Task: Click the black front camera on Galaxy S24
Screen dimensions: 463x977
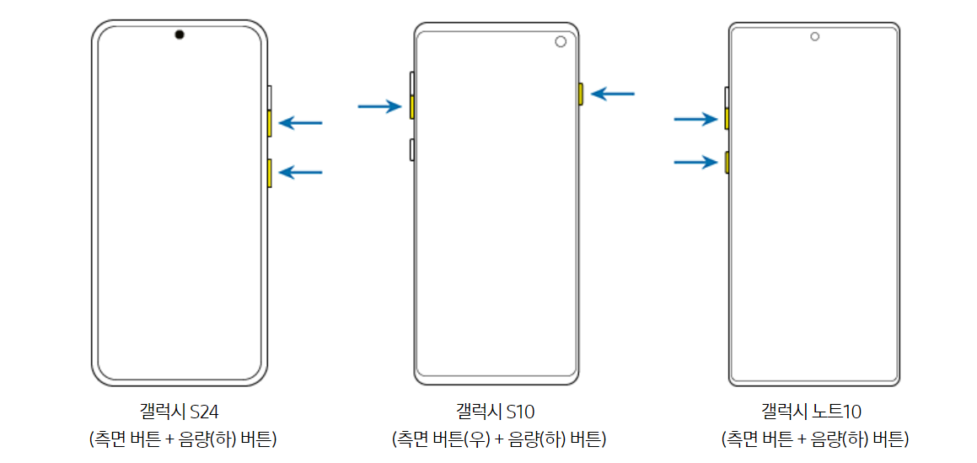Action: [180, 35]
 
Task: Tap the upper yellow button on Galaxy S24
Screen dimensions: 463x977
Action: [269, 123]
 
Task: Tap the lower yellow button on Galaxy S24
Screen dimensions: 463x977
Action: [269, 172]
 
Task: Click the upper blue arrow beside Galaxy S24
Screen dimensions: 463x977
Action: [300, 123]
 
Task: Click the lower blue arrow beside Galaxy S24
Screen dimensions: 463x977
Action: [300, 172]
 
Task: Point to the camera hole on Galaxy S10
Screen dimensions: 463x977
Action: [561, 43]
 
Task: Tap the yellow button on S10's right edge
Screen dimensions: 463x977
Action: [580, 94]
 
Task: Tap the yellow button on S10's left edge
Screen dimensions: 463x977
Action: [411, 106]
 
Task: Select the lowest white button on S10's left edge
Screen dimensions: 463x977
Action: [411, 149]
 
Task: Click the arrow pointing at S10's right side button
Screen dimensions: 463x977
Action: [613, 94]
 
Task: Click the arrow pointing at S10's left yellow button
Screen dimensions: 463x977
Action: [379, 106]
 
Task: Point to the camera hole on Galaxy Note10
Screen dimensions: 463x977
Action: [814, 36]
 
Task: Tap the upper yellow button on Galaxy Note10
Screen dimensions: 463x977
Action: [727, 119]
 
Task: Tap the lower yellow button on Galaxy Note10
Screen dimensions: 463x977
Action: [727, 161]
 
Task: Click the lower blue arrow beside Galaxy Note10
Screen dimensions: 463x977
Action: [695, 161]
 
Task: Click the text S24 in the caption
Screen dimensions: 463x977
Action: [205, 412]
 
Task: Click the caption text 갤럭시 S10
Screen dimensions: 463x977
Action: [496, 412]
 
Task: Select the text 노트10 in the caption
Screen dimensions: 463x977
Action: [835, 412]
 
